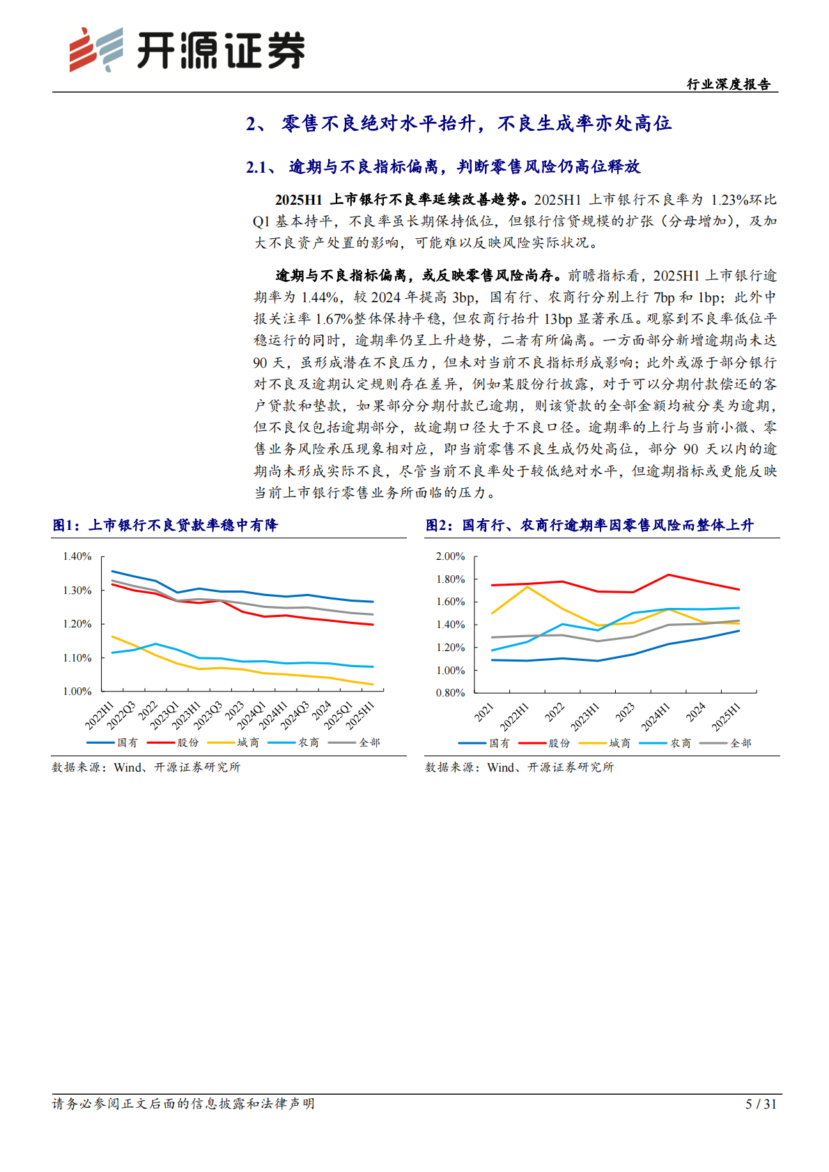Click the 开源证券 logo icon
coord(95,49)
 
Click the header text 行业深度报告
coord(729,84)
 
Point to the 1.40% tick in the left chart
coord(77,556)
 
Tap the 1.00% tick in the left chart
coord(77,692)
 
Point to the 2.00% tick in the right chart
coord(450,556)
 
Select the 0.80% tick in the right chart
coord(450,693)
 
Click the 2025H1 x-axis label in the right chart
coord(727,717)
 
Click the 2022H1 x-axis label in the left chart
coord(100,716)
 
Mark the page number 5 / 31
coord(761,1104)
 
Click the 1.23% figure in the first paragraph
coord(729,200)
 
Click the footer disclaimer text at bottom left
coord(183,1104)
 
